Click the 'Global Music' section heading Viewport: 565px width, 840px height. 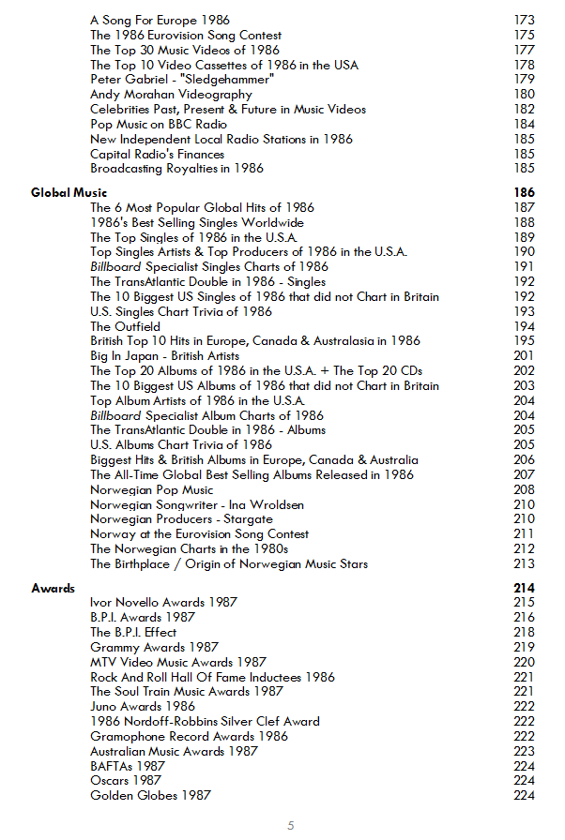[x=69, y=192]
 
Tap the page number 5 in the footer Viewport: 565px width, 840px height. [x=291, y=826]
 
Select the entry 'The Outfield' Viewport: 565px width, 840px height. [x=125, y=326]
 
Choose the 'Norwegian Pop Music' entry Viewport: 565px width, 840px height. [x=152, y=489]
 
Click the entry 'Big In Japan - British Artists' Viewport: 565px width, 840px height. [x=165, y=356]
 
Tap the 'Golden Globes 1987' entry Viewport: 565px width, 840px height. [x=150, y=796]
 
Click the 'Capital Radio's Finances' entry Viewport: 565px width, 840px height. [x=158, y=154]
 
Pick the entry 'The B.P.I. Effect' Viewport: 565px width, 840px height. [x=133, y=632]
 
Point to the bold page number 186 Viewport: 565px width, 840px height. [x=524, y=192]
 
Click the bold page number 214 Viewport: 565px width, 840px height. [x=524, y=588]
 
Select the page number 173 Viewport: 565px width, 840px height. [x=525, y=20]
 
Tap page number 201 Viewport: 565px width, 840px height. [x=525, y=356]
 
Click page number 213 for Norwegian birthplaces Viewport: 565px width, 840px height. [x=525, y=564]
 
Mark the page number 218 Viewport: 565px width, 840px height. [x=525, y=632]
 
